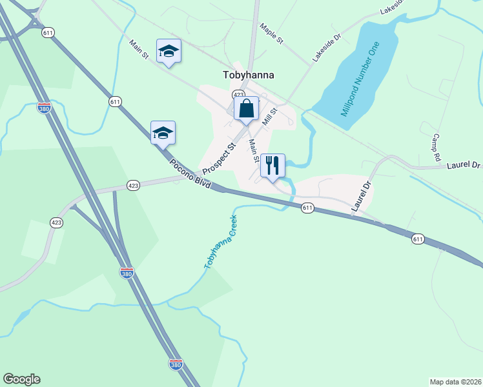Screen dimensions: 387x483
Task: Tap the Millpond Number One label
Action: pos(358,79)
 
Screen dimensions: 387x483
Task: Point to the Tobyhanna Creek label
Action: pos(221,242)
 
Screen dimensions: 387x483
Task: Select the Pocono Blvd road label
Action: pos(190,173)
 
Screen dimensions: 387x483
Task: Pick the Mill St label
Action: pos(270,117)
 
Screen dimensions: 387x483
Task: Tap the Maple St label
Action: pos(272,34)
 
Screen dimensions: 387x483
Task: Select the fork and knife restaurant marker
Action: pos(272,166)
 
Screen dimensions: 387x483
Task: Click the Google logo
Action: pos(21,379)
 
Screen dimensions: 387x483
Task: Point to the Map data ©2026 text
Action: pos(455,381)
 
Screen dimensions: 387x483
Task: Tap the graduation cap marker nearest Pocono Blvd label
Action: pos(163,133)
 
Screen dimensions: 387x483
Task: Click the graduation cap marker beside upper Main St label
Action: pos(169,51)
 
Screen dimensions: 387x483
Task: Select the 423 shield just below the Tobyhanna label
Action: pos(239,94)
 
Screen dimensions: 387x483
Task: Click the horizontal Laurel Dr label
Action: pos(464,166)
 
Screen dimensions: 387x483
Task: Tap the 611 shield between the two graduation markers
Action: pos(115,101)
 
